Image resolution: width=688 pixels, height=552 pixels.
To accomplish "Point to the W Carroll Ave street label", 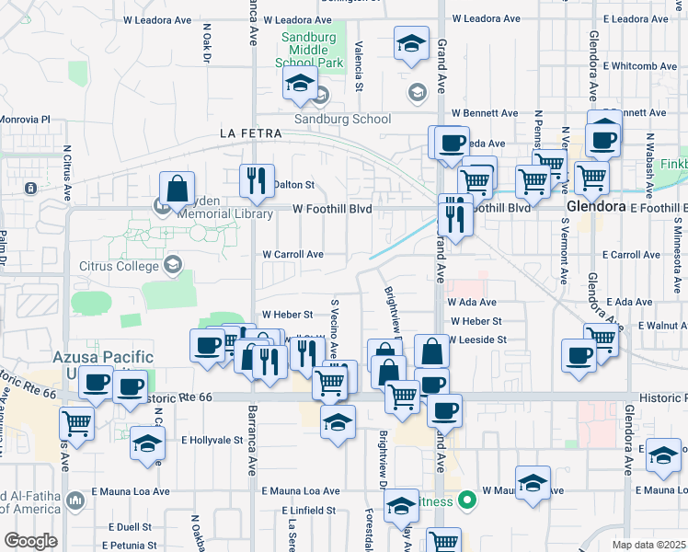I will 292,254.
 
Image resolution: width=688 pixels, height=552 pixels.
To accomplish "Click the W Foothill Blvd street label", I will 332,209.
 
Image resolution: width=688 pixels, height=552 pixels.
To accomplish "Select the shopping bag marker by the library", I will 177,189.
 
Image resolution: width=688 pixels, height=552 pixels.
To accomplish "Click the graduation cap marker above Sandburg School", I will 300,84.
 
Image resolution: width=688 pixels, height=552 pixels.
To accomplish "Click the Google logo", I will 30,540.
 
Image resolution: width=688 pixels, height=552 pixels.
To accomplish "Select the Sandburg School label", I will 342,119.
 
